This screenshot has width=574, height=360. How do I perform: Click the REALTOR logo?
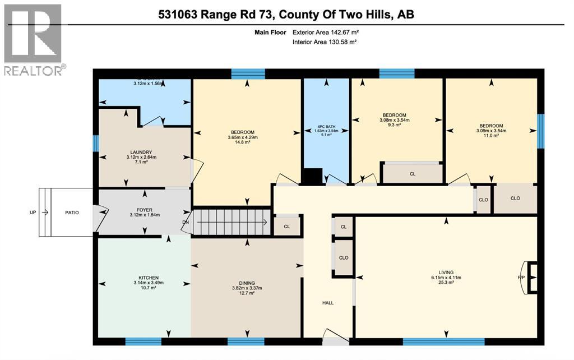coord(33,39)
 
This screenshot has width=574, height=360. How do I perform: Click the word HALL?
coord(328,303)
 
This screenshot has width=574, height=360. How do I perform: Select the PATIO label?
coord(72,213)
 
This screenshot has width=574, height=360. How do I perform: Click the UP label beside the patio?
coord(33,213)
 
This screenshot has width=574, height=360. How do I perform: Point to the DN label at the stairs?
coord(186,222)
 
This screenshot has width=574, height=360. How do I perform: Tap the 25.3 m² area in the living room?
coord(446,283)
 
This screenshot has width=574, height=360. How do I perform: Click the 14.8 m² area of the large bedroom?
coord(246,142)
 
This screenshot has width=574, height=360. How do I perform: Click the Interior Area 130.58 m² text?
coord(325,42)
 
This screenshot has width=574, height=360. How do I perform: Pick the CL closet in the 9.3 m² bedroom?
coord(413,174)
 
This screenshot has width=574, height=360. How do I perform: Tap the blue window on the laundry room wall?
coord(95,144)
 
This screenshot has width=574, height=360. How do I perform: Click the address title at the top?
coord(286,14)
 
